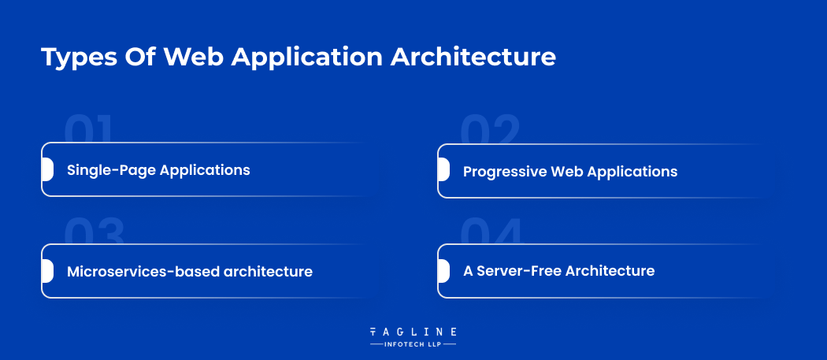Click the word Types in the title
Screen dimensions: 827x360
[79, 58]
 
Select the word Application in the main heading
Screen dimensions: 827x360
[307, 58]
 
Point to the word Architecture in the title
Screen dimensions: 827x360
[473, 57]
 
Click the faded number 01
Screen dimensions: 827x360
[88, 129]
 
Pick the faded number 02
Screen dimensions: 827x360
[490, 130]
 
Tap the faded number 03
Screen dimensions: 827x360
[94, 231]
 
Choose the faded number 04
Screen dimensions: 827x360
[491, 231]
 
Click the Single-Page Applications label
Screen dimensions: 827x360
[158, 170]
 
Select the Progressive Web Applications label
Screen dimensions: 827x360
[570, 172]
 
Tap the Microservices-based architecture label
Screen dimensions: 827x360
[189, 271]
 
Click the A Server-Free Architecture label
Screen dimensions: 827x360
[558, 271]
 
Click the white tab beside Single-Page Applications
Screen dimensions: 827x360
[47, 169]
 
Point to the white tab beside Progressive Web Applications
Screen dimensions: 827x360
[443, 170]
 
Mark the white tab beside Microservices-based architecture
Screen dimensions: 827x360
[47, 271]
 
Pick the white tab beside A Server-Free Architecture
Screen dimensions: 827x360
[443, 271]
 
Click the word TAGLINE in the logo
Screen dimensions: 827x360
[413, 332]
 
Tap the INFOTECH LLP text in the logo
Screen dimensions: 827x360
[413, 344]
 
